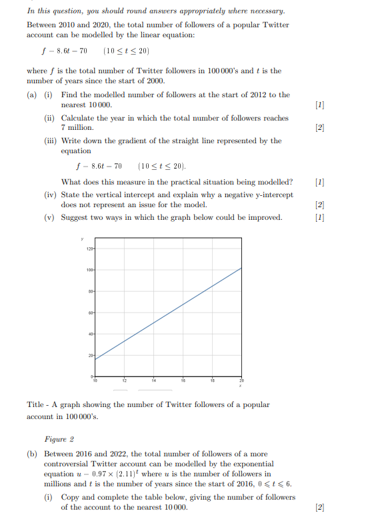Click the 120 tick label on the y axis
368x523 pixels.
click(x=89, y=249)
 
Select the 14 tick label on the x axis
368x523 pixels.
click(x=153, y=380)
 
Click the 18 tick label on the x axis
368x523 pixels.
click(x=213, y=380)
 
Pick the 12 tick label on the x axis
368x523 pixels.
click(x=124, y=380)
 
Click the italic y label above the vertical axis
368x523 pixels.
click(x=83, y=239)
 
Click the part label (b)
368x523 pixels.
click(x=32, y=454)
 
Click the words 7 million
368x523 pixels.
click(x=77, y=127)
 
